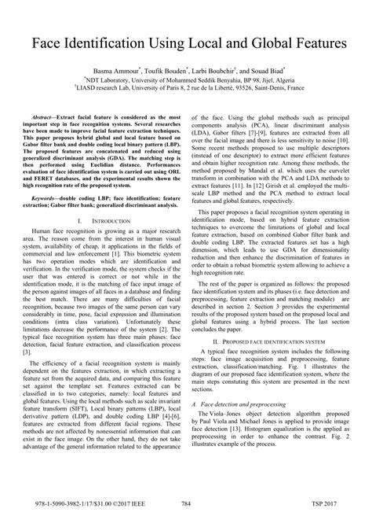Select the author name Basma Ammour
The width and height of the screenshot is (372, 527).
(x=120, y=71)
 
